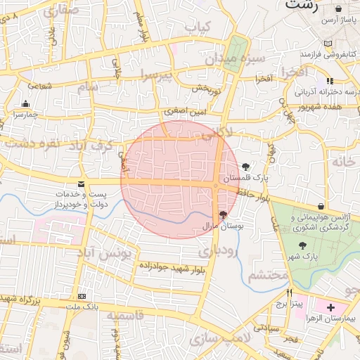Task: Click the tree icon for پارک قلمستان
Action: [x=245, y=167]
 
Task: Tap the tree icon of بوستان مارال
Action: [x=223, y=215]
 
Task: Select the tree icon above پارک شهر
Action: [x=302, y=245]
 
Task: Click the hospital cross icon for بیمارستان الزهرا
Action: [x=331, y=308]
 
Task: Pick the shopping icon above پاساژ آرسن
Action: [x=339, y=9]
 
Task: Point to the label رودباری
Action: [x=214, y=249]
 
